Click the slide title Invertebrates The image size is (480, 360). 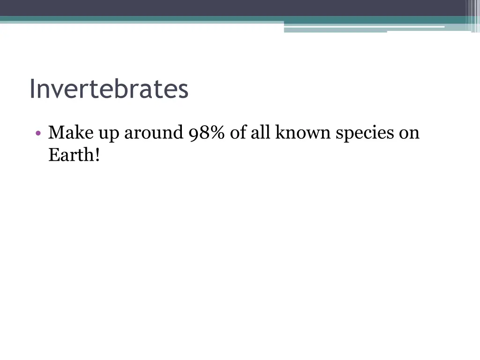[109, 89]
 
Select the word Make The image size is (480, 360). [71, 133]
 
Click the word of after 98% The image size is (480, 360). [238, 133]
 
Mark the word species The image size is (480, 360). [365, 135]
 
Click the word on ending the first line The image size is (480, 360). [409, 135]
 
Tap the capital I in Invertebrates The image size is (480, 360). [32, 89]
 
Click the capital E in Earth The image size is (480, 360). [53, 155]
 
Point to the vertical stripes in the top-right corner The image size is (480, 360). [472, 14]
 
